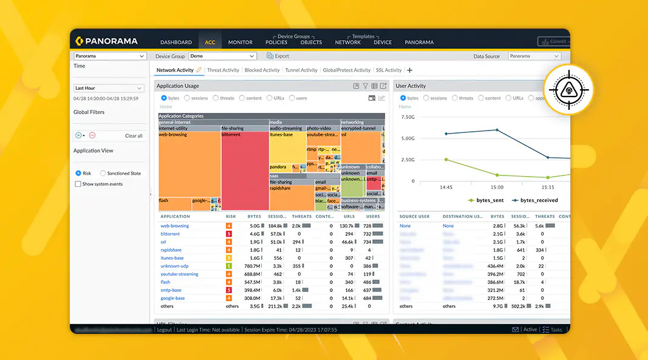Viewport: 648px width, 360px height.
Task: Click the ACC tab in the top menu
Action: point(210,42)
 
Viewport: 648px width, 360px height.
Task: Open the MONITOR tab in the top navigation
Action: point(240,42)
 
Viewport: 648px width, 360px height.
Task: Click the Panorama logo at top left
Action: point(107,41)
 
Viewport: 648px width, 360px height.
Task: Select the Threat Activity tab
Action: point(223,70)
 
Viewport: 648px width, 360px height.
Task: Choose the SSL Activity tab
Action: point(389,70)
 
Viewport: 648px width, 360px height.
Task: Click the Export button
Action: point(278,56)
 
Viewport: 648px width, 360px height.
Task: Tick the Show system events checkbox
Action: point(78,184)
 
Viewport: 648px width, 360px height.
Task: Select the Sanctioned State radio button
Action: point(103,174)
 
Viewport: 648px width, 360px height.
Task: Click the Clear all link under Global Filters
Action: point(134,136)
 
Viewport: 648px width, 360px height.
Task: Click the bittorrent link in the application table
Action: point(170,234)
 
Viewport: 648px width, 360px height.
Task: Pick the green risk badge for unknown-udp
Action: point(229,266)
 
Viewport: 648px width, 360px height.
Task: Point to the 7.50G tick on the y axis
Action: point(408,117)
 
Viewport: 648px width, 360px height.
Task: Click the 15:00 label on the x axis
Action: point(497,188)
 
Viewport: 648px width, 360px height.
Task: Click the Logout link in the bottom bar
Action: point(165,330)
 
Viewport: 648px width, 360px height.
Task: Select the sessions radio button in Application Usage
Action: point(188,98)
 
